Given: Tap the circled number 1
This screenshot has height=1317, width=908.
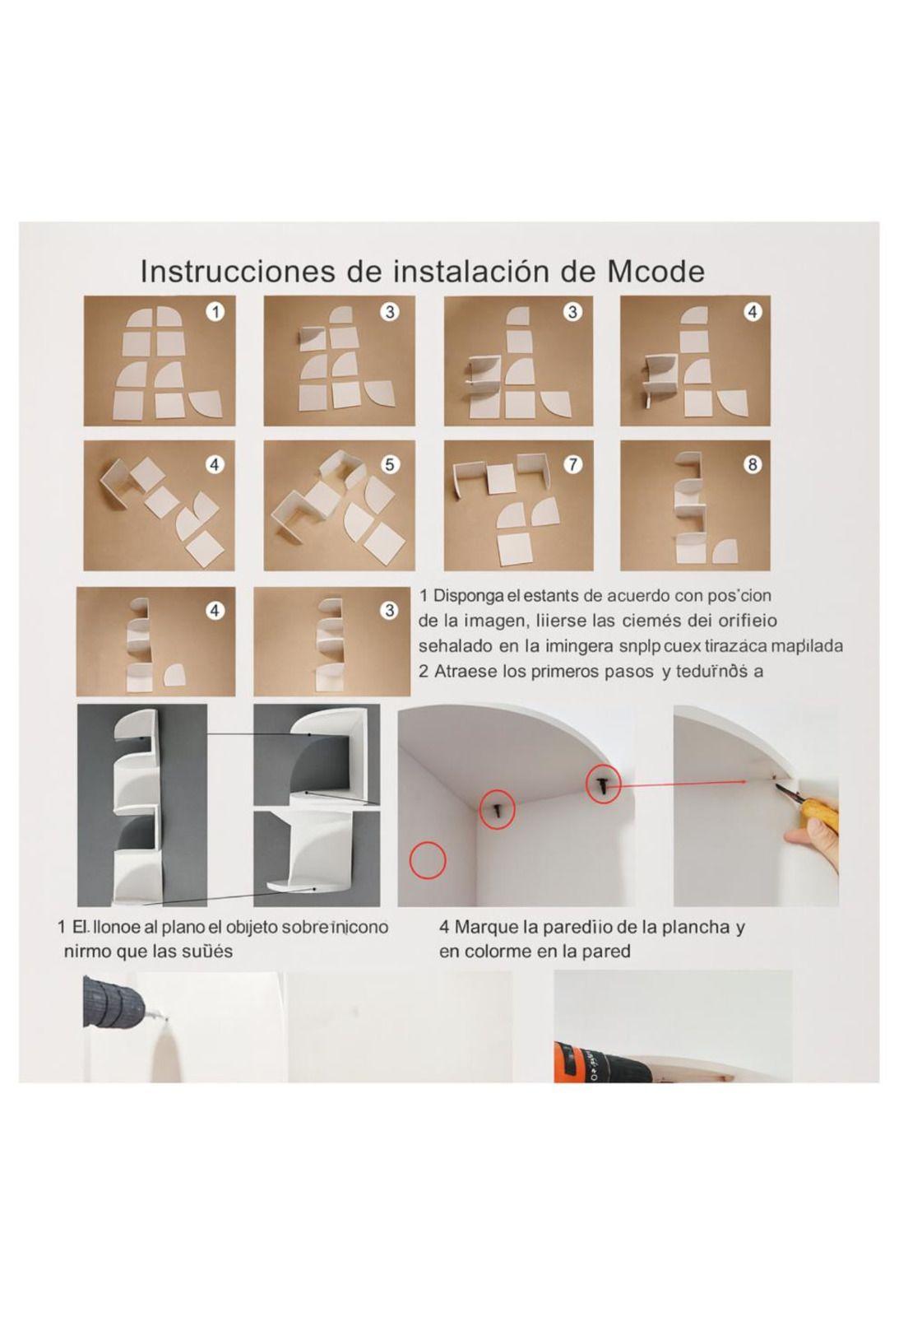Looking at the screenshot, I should point(215,312).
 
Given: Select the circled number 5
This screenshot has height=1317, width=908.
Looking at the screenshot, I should point(390,464).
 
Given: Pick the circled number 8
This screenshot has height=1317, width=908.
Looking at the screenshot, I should point(752,464).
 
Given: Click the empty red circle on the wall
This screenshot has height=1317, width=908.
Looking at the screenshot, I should point(428,860).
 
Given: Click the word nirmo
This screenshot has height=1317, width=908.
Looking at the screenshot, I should point(86,952).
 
